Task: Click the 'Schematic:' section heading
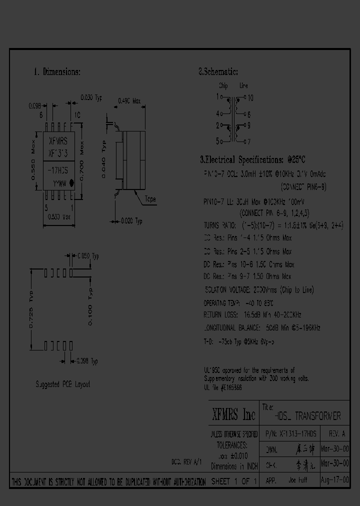pyautogui.click(x=218, y=72)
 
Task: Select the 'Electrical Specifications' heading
pyautogui.click(x=252, y=160)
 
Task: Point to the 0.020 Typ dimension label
pyautogui.click(x=131, y=220)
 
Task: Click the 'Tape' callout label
pyautogui.click(x=150, y=199)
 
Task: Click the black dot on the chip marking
pyautogui.click(x=71, y=183)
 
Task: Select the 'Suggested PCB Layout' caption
pyautogui.click(x=63, y=384)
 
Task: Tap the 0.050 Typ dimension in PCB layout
pyautogui.click(x=88, y=256)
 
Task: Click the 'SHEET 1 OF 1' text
pyautogui.click(x=233, y=481)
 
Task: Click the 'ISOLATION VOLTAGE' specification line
pyautogui.click(x=258, y=290)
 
